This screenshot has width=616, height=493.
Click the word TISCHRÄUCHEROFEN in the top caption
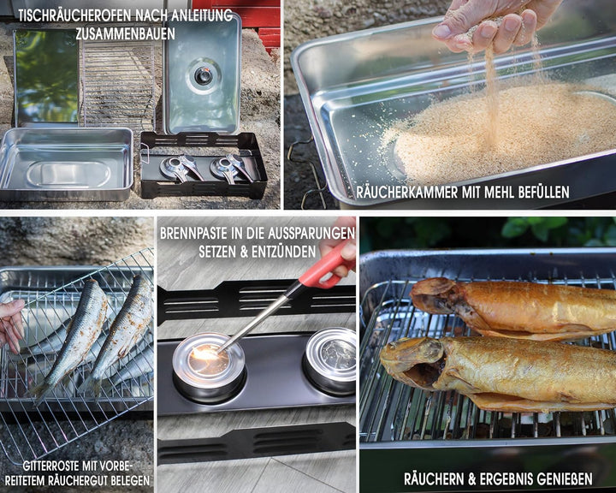(x=74, y=15)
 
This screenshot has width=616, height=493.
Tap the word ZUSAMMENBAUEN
(x=125, y=33)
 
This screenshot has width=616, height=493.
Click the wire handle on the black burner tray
(x=144, y=153)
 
